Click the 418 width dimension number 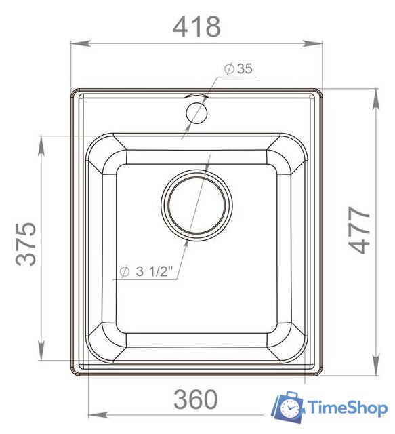(x=196, y=26)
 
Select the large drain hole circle (x=196, y=205)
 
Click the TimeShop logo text (x=348, y=408)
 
